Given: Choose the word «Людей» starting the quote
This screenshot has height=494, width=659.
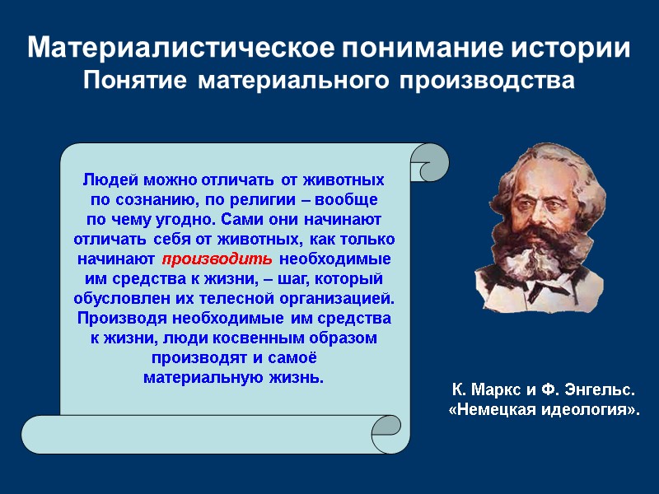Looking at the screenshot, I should pos(110,179).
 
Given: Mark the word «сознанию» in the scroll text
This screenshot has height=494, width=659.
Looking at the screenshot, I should pos(150,199).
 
